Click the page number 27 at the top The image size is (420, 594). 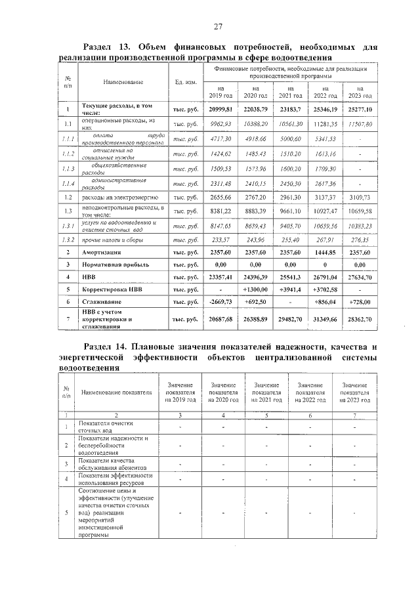tap(218, 26)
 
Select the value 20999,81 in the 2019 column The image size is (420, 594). tap(220, 109)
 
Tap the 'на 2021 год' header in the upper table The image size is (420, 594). tap(290, 91)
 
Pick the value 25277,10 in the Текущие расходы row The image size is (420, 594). tap(359, 109)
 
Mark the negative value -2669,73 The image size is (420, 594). tap(220, 301)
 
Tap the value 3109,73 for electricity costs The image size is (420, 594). tap(359, 196)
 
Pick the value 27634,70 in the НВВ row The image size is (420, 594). tap(359, 276)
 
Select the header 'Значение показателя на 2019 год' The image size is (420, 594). tap(180, 392)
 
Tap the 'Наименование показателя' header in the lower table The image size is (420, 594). tap(116, 392)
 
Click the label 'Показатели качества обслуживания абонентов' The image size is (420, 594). tap(112, 463)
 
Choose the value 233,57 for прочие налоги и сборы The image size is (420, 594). tap(220, 240)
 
